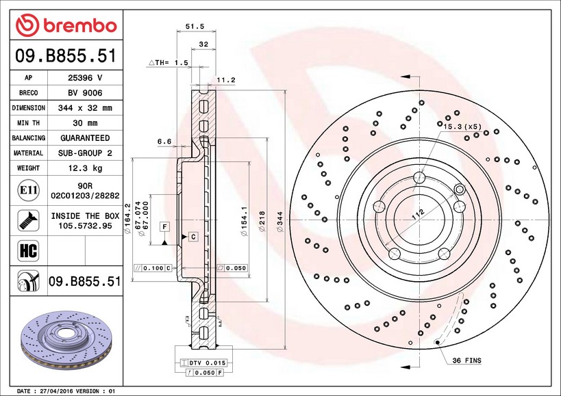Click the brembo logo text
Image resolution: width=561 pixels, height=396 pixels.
pos(79,26)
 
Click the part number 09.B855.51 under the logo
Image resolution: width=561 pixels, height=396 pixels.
pos(66,56)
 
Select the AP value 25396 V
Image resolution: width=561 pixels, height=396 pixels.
pos(85,78)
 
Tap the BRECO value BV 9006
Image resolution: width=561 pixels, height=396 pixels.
pos(85,93)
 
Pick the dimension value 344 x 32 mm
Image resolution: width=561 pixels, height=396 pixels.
pos(85,108)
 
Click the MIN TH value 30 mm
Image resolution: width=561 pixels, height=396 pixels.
pos(85,123)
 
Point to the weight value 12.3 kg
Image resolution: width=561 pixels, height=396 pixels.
pos(85,168)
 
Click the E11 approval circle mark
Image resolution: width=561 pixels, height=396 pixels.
pos(28,190)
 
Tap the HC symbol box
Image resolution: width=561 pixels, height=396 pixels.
pos(28,250)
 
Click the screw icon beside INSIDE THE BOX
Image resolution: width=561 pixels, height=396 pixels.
pos(28,220)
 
